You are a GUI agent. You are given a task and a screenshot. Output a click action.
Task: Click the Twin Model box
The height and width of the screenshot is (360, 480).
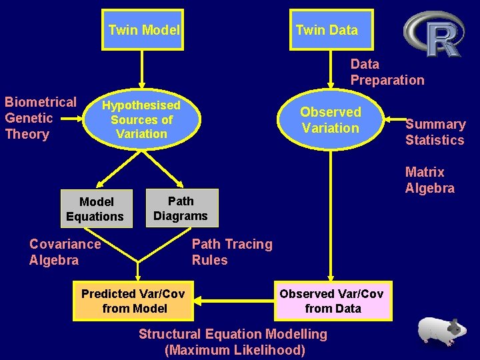[x=143, y=30]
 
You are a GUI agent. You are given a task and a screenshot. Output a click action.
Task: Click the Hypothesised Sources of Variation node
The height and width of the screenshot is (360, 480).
[x=141, y=120]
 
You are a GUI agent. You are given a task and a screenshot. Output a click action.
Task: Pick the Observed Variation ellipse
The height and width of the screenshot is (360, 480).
[x=331, y=120]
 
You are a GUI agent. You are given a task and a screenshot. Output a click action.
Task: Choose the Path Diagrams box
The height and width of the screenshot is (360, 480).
[x=181, y=209]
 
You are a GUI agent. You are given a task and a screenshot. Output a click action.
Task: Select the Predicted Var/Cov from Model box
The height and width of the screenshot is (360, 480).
[x=133, y=301]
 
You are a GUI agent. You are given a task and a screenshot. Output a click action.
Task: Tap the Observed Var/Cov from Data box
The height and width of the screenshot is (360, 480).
[x=332, y=301]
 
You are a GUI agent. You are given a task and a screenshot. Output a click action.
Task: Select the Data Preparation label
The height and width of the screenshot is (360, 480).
[x=387, y=72]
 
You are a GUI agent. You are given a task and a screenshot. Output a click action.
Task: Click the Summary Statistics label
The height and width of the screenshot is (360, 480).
[x=435, y=132]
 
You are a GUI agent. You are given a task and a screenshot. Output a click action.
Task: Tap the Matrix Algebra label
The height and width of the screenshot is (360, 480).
[x=429, y=180]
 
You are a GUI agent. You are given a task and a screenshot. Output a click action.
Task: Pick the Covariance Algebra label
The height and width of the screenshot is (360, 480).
[x=65, y=252]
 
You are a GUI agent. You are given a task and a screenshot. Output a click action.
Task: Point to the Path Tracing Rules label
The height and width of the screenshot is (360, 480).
[x=232, y=252]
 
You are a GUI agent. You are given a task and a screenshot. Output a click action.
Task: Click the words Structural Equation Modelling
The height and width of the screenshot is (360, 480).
[x=233, y=334]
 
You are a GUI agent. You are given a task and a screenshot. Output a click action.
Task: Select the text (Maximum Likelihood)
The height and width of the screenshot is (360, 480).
[x=234, y=350]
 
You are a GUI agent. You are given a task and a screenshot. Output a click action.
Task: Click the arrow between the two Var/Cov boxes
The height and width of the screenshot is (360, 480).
[x=233, y=301]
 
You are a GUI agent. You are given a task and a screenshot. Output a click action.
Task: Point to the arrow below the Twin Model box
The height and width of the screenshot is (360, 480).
[x=142, y=70]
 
